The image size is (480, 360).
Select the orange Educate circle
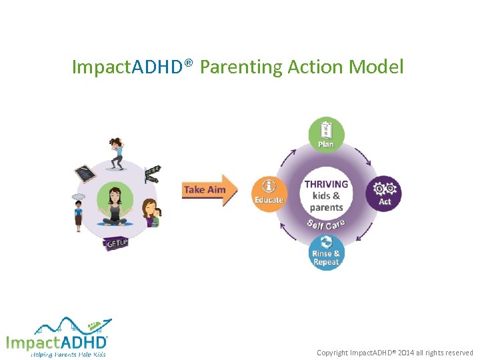(x=269, y=193)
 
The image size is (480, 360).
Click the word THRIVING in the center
(x=326, y=184)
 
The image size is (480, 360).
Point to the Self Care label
(x=326, y=225)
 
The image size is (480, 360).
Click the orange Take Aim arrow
(x=209, y=190)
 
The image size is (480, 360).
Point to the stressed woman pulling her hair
(x=117, y=151)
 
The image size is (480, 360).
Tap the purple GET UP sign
(x=115, y=244)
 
